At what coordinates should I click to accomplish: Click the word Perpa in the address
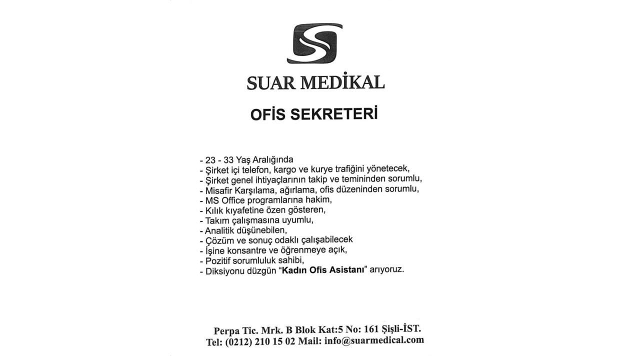point(225,331)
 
